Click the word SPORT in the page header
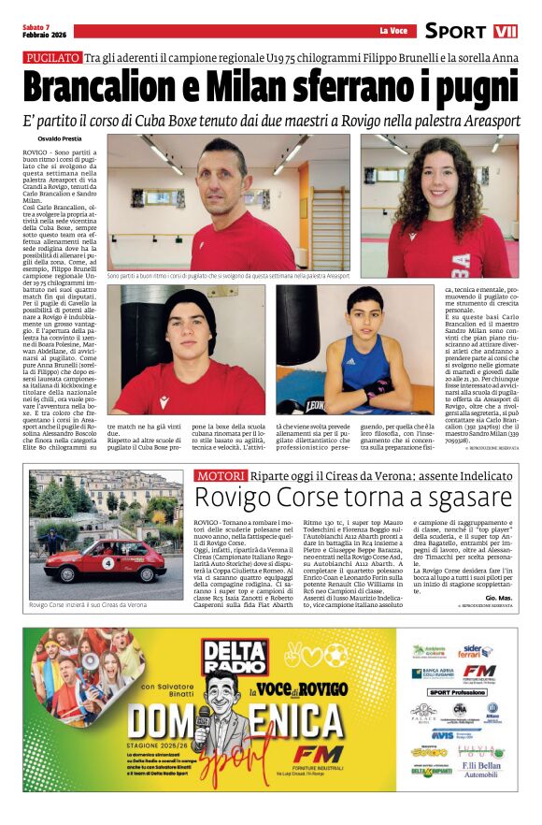point(456,31)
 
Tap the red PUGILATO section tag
point(52,58)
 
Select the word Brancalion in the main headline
point(104,88)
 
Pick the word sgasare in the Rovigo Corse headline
point(464,498)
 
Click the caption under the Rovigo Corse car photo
point(88,605)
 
